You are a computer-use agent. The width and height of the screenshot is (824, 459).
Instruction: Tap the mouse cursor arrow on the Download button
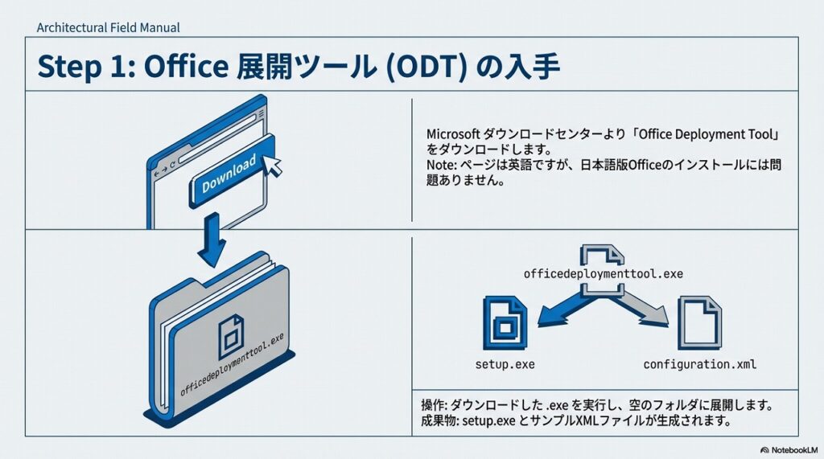274,165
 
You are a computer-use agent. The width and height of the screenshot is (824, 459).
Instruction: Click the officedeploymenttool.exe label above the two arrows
603,273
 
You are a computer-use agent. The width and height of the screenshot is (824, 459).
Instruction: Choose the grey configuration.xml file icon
698,323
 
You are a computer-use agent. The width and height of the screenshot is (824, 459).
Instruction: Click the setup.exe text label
505,364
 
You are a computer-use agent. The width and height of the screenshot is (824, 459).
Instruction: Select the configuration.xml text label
699,364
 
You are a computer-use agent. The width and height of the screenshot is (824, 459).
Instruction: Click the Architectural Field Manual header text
108,27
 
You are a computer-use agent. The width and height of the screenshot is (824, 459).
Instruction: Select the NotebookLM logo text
791,449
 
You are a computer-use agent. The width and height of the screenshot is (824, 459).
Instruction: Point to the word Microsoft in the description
453,133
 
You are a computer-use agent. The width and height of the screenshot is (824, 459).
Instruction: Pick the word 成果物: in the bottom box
442,421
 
